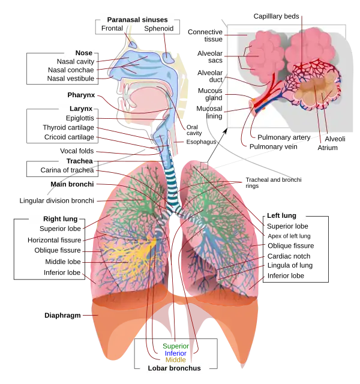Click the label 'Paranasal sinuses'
point(137,19)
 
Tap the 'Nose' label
point(83,53)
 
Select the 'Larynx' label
point(80,109)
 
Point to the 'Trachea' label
point(79,161)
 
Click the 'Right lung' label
point(60,219)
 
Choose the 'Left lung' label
point(281,215)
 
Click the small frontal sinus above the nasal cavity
point(131,43)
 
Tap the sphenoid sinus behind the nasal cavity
point(168,58)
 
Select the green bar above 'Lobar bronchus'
point(176,347)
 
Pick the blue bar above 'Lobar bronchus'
point(176,353)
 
